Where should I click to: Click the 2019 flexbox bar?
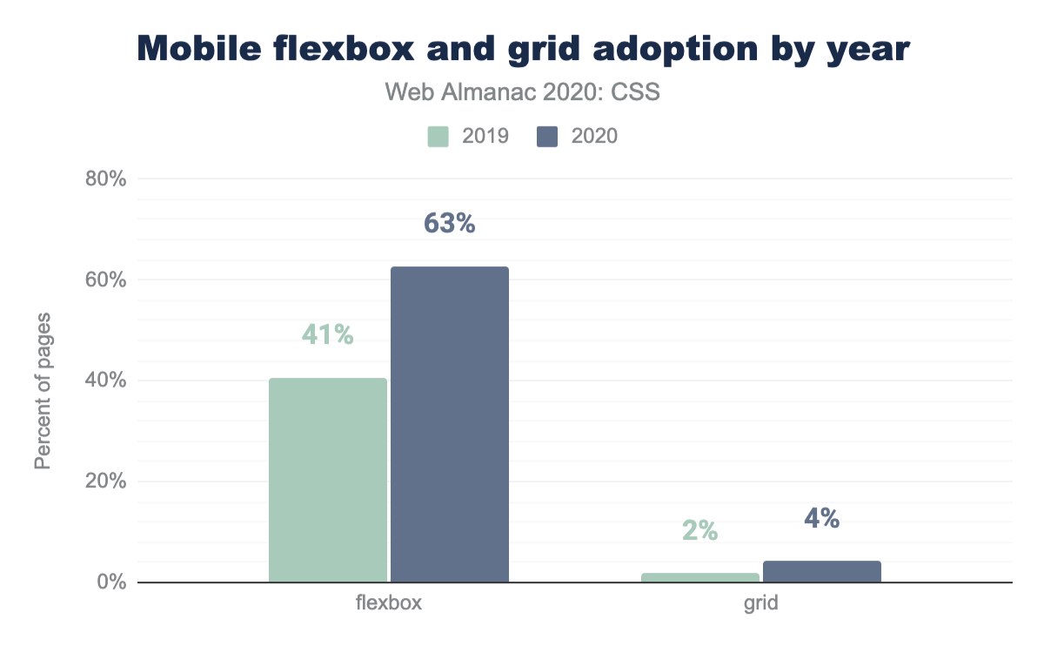coord(328,480)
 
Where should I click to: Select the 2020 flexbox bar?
coord(449,424)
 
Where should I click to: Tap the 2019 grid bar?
coord(700,577)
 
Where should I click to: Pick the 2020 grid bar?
coord(821,571)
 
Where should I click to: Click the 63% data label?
coord(449,224)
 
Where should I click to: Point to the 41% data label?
coord(327,334)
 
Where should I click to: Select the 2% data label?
coord(699,530)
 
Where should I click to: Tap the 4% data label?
coord(821,519)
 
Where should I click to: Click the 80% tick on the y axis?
coord(106,179)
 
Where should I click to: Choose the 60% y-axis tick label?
coord(106,280)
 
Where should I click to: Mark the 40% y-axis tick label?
coord(106,380)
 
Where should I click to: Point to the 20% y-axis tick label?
coord(106,481)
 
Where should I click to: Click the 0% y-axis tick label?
coord(111,582)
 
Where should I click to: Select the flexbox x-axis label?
coord(389,603)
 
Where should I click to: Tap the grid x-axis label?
coord(760,603)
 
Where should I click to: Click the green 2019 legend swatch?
coord(438,137)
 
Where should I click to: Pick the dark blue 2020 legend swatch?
coord(547,137)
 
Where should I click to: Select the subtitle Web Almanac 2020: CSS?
coord(522,92)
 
